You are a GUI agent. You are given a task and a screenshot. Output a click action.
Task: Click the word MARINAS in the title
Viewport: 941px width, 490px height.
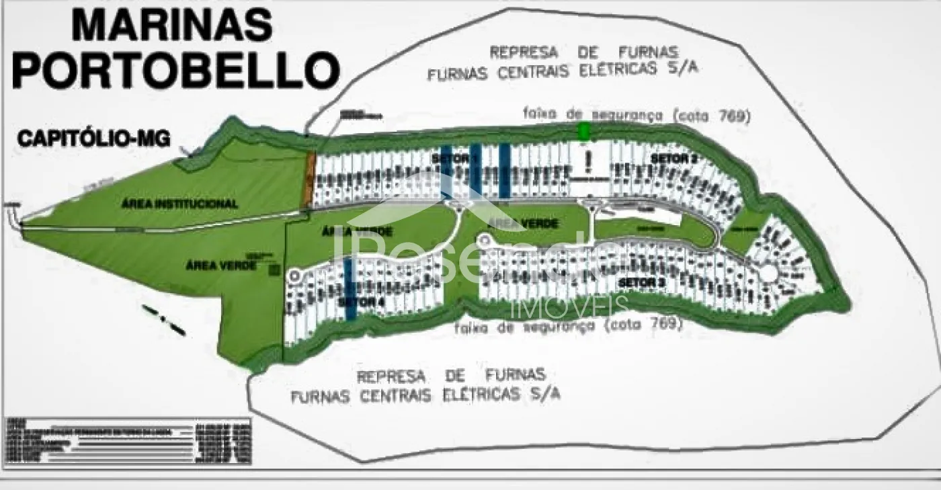[x=172, y=26]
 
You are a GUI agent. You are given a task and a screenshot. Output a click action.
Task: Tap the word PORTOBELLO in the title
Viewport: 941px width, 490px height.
[x=175, y=70]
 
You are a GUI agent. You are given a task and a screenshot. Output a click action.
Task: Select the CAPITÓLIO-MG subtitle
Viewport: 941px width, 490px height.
[x=94, y=139]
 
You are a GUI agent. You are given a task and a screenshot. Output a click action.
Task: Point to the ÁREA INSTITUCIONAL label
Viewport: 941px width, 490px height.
[x=179, y=204]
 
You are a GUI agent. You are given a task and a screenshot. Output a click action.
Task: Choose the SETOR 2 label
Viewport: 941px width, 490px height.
[x=674, y=158]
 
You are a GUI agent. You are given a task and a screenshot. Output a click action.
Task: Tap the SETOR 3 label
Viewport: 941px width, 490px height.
[x=641, y=282]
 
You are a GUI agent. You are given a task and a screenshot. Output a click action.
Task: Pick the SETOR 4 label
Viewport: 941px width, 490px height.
[x=362, y=302]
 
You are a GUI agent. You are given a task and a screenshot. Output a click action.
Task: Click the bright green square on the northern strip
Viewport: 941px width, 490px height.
[x=584, y=132]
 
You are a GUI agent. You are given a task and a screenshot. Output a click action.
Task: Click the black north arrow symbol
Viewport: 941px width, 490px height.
[x=163, y=320]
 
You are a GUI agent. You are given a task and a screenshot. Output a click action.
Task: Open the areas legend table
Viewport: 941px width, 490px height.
[x=128, y=441]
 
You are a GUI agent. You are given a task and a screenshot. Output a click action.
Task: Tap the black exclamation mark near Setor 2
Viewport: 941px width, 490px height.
[x=589, y=161]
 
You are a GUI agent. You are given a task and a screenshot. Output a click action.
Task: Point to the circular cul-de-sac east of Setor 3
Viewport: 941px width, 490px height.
[x=768, y=272]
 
